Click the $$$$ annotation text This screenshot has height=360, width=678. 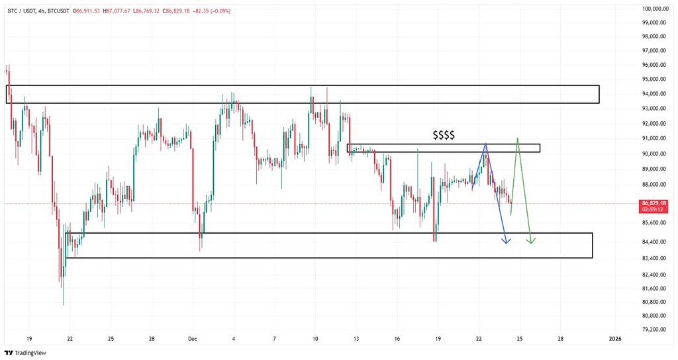444,135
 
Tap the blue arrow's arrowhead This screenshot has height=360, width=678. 506,240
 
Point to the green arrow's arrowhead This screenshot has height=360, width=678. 531,240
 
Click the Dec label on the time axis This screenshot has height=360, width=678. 193,338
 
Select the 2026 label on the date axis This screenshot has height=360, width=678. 615,338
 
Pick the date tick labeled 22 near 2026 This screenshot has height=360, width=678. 479,338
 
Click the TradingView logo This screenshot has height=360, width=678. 27,352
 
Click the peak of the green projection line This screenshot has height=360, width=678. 517,138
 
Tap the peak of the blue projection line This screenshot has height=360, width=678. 486,143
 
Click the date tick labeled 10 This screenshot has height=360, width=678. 315,338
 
